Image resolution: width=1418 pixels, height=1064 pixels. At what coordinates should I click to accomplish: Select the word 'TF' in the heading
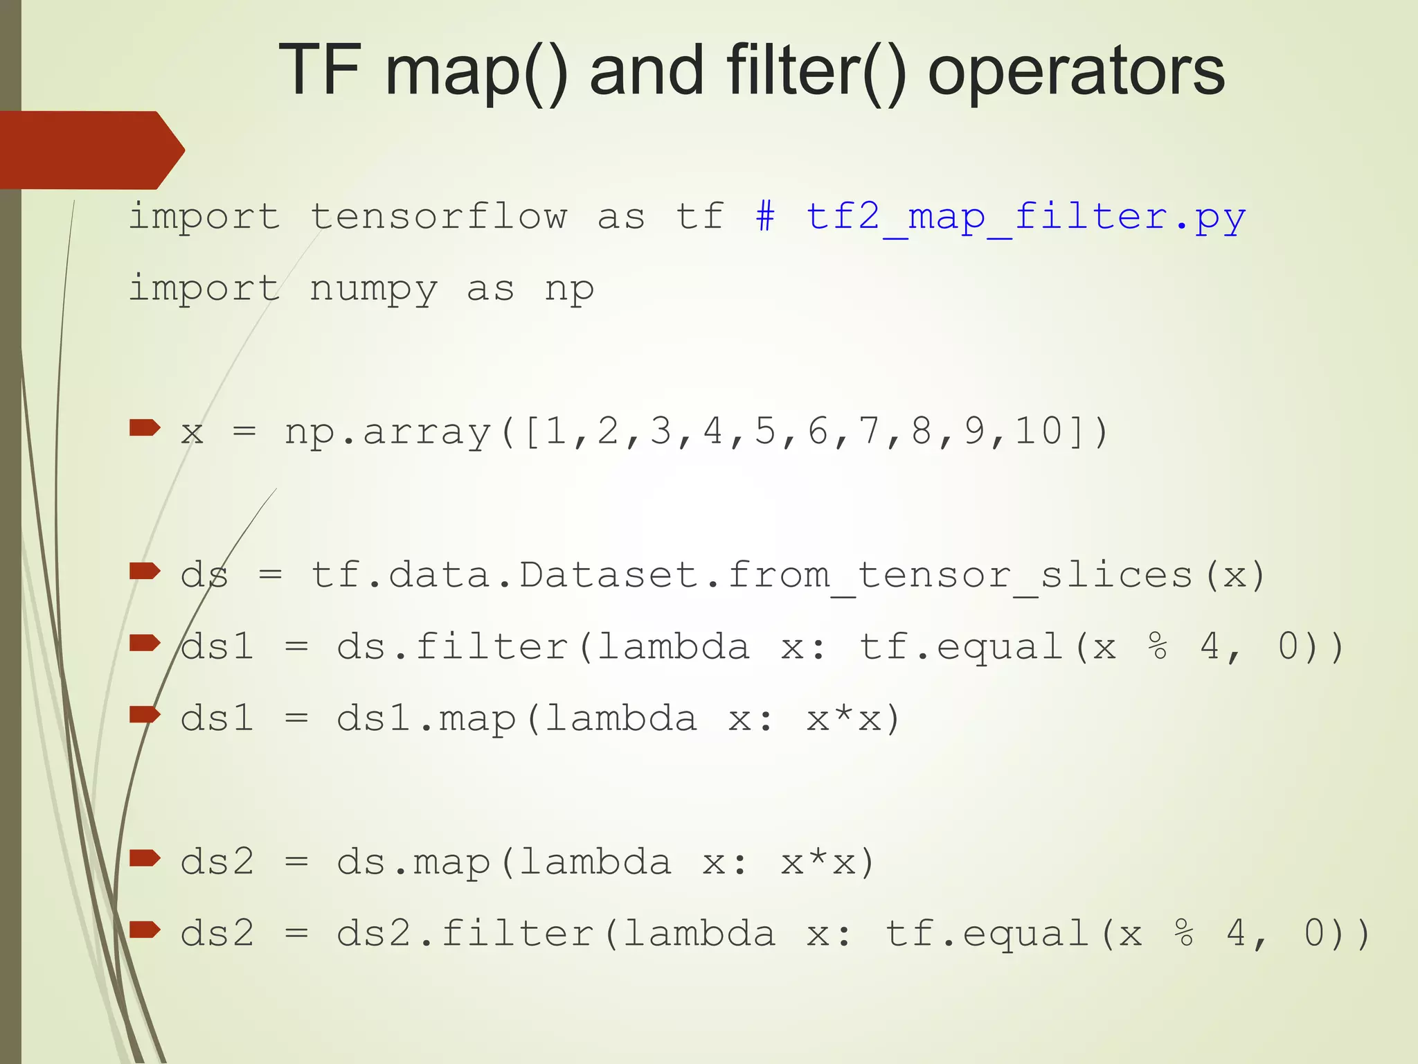point(319,69)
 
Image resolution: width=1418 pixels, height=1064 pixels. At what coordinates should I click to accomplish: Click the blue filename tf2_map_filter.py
point(1025,218)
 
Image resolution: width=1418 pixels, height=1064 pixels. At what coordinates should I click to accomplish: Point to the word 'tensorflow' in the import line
point(438,216)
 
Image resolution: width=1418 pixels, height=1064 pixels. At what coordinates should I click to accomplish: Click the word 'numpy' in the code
point(373,289)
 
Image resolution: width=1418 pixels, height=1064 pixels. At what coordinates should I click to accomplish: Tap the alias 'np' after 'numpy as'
point(568,289)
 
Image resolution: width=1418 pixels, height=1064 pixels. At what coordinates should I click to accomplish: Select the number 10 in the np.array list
point(1039,431)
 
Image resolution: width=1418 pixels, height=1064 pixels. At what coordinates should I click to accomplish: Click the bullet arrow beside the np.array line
point(145,428)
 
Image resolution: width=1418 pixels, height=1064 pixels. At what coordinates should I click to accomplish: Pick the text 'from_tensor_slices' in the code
point(960,576)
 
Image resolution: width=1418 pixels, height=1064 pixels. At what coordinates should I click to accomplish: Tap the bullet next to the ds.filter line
point(145,644)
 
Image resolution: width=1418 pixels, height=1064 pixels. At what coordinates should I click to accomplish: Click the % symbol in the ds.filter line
point(1157,646)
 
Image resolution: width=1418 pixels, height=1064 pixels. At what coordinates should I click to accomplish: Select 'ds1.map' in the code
point(426,718)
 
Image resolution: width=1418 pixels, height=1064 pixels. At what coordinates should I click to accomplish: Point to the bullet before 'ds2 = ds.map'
point(145,859)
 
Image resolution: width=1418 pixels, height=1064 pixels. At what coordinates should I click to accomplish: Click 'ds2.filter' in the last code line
point(465,933)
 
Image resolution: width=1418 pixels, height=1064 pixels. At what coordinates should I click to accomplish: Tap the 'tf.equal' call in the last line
point(987,933)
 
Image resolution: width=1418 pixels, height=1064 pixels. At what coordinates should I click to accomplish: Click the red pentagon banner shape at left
point(90,150)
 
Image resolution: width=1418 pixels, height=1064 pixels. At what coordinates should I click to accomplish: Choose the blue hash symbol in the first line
point(765,216)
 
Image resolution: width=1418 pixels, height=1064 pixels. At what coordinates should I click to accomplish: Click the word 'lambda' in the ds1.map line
point(620,718)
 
